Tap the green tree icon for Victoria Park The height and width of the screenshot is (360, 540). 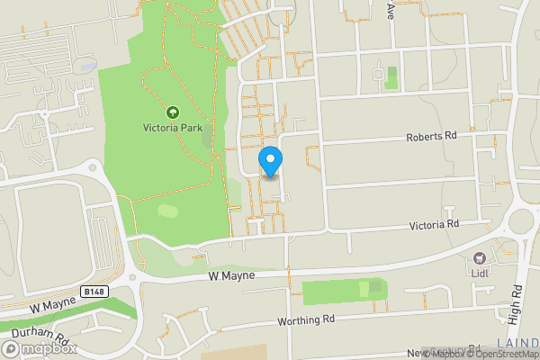pyautogui.click(x=172, y=112)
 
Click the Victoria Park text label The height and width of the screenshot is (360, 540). pyautogui.click(x=172, y=128)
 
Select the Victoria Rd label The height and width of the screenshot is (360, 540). pyautogui.click(x=435, y=223)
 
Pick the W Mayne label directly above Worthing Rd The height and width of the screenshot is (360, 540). pyautogui.click(x=232, y=274)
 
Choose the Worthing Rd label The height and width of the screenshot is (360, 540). pyautogui.click(x=306, y=319)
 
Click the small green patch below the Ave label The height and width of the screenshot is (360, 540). pyautogui.click(x=391, y=78)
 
